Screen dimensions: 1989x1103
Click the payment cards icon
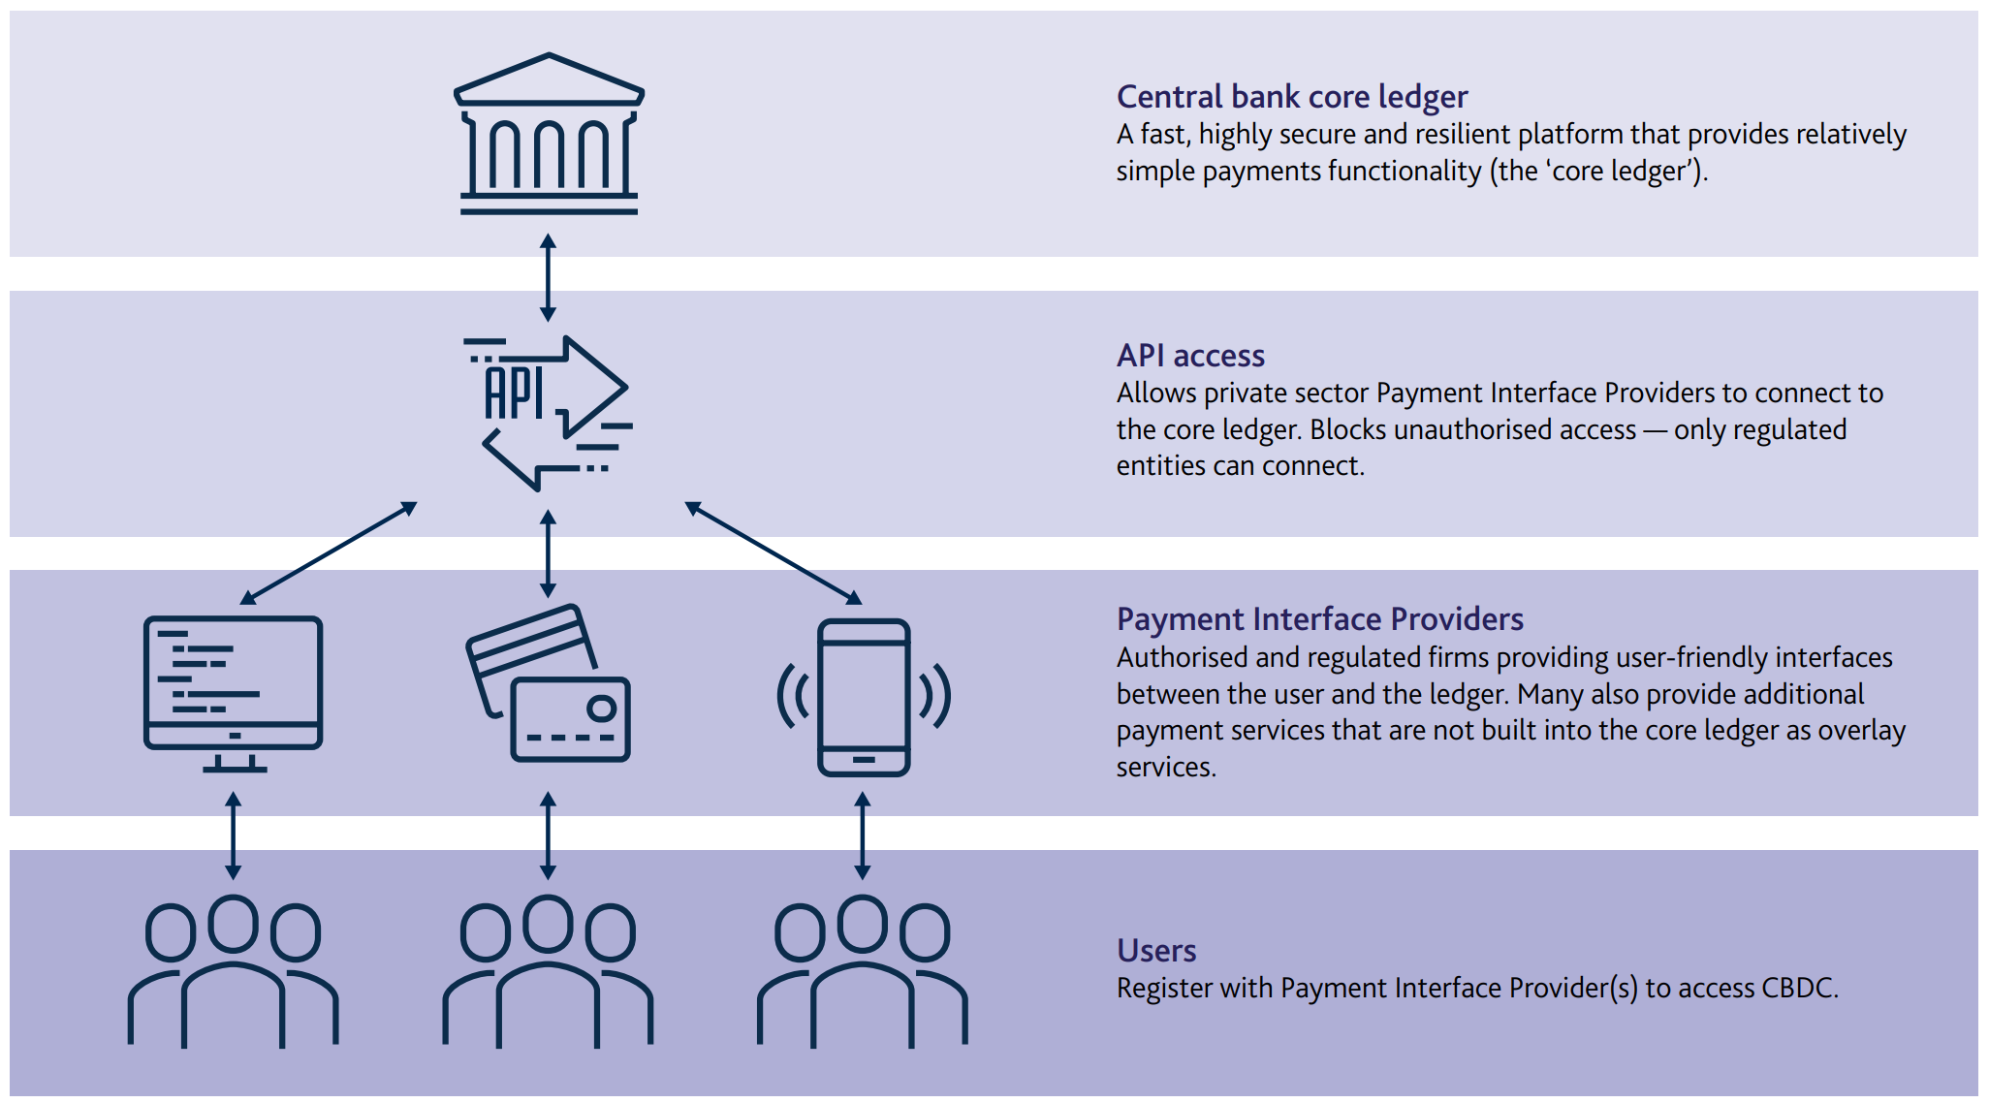pos(549,683)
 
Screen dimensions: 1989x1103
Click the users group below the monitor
pos(233,971)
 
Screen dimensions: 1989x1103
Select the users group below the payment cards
pos(549,971)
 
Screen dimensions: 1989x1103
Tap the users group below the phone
pos(863,971)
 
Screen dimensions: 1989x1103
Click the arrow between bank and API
pos(549,277)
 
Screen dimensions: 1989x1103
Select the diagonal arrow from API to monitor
pos(329,552)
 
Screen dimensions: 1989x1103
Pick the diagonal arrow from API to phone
pos(773,552)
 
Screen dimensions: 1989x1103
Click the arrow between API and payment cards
pos(549,553)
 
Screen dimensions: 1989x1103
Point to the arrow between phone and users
pos(863,835)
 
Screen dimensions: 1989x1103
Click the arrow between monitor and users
pos(233,835)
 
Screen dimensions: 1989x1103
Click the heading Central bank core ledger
pos(1292,97)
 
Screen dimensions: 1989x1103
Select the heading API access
pos(1190,356)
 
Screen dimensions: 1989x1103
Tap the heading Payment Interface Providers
pos(1320,619)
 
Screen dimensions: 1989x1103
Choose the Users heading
pos(1156,951)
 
